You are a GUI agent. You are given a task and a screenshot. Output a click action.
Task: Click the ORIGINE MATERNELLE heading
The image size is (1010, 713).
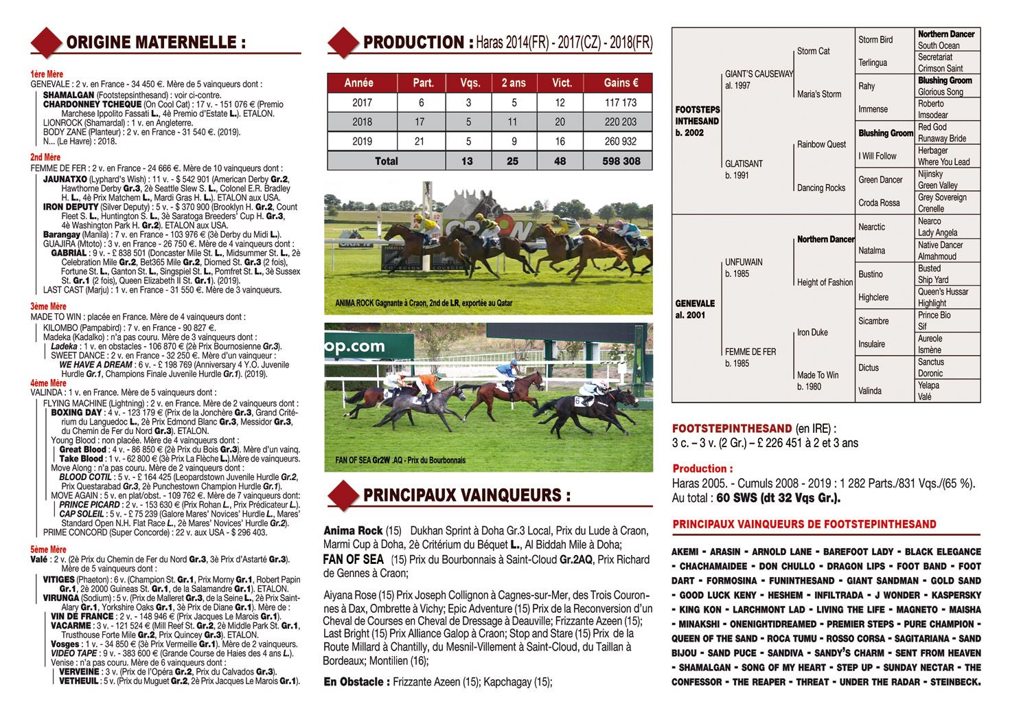point(155,43)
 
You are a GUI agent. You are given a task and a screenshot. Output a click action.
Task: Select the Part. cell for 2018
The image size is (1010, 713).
point(423,122)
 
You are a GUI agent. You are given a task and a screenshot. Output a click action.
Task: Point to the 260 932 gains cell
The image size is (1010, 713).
point(621,142)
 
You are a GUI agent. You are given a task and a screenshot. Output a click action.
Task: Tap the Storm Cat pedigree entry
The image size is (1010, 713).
point(813,51)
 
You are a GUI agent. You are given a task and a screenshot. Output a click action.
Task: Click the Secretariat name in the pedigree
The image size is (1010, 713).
point(934,57)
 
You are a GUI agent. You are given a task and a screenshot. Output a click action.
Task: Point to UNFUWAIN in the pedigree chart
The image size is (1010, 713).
point(744,262)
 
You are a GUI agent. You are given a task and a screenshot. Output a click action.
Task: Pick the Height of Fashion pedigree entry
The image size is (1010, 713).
point(825,282)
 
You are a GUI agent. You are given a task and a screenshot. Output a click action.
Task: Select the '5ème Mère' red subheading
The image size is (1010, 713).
point(48,550)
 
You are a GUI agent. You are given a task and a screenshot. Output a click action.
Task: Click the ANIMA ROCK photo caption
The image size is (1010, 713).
point(423,303)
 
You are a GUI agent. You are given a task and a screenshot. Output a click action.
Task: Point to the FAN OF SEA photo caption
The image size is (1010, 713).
point(400,460)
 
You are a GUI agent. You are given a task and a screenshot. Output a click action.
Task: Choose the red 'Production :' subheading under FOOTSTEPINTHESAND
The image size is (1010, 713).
point(698,468)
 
